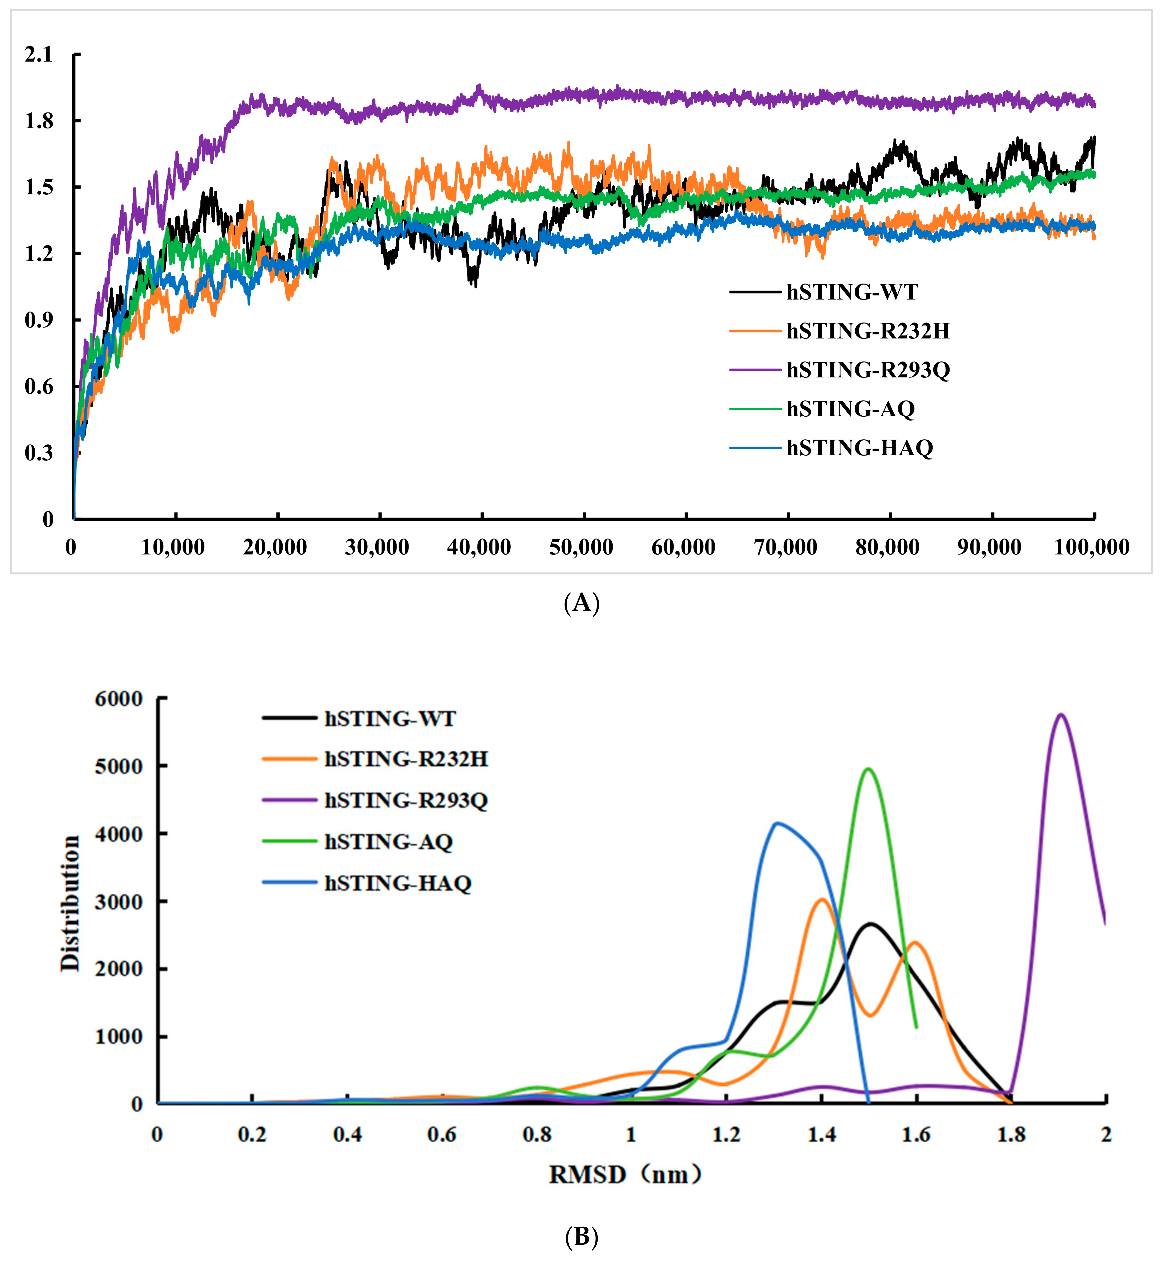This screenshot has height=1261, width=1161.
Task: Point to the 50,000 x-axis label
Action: pyautogui.click(x=581, y=547)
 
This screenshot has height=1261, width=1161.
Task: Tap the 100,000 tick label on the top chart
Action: pyautogui.click(x=1092, y=547)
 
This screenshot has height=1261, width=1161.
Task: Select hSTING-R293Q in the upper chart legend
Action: pyautogui.click(x=868, y=370)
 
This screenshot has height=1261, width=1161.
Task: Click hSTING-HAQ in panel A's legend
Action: pyautogui.click(x=859, y=448)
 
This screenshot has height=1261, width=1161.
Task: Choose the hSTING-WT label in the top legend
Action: pyautogui.click(x=852, y=292)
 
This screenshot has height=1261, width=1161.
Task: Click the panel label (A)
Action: pyautogui.click(x=581, y=603)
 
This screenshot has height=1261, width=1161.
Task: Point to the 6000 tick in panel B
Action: pyautogui.click(x=119, y=699)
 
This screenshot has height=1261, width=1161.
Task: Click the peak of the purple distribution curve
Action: pyautogui.click(x=1061, y=715)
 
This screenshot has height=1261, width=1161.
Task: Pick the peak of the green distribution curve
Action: pyautogui.click(x=869, y=769)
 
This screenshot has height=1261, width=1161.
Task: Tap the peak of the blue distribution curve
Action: pyautogui.click(x=778, y=823)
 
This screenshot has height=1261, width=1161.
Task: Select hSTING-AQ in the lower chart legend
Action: pyautogui.click(x=388, y=842)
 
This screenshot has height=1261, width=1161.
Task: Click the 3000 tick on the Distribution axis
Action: pyautogui.click(x=119, y=902)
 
